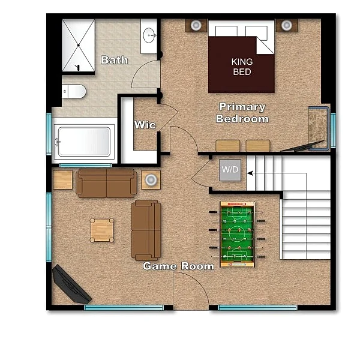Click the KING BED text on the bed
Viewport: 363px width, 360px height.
[242, 67]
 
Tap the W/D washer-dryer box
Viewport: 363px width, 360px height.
[230, 170]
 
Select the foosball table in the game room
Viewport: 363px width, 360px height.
[237, 234]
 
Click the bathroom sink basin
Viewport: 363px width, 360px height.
[149, 35]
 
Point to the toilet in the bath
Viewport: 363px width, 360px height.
[74, 91]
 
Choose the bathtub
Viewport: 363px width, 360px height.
[84, 142]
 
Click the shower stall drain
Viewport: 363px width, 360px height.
[79, 45]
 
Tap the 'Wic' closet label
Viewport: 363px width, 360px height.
[145, 125]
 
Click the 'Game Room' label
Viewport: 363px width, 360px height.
[178, 266]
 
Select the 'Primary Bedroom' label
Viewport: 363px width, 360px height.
[242, 113]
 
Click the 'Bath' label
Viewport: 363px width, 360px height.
[114, 60]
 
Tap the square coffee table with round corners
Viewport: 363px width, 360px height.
[102, 230]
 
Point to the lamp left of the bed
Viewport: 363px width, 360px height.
[196, 25]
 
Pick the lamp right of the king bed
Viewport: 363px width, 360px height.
[287, 25]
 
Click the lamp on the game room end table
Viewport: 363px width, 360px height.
[151, 179]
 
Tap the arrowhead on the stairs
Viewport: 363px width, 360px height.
[250, 173]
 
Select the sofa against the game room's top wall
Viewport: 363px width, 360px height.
[106, 184]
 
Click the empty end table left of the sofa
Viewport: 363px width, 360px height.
[63, 180]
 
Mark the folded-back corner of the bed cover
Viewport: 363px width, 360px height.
[265, 45]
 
